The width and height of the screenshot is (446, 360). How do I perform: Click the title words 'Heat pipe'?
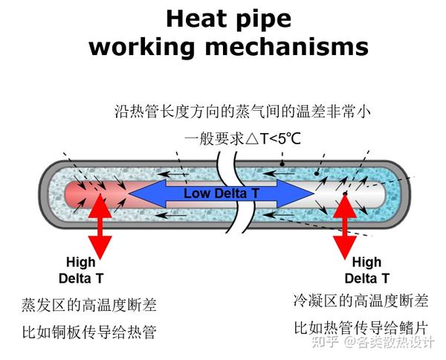click(x=228, y=18)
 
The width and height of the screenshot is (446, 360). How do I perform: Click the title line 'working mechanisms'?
click(x=228, y=47)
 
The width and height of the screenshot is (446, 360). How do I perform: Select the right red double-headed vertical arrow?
click(x=345, y=223)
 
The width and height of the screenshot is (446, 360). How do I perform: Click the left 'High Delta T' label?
click(x=81, y=270)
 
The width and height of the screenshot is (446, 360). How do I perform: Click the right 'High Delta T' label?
click(x=366, y=270)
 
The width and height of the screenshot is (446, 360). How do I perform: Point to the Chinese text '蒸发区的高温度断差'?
click(x=89, y=305)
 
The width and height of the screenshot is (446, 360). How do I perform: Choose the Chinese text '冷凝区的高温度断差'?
click(x=361, y=301)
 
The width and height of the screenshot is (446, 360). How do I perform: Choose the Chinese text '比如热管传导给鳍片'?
click(x=361, y=327)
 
